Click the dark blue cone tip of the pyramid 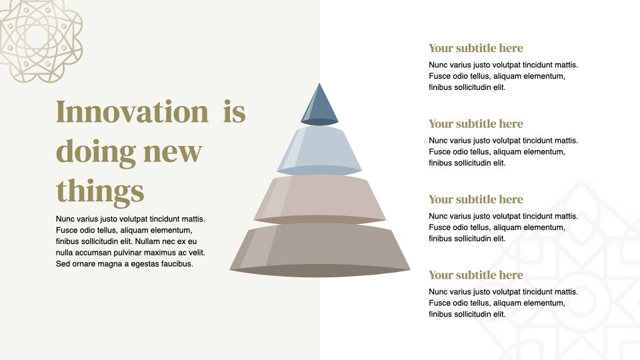pyautogui.click(x=319, y=105)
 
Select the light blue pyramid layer pyautogui.click(x=319, y=150)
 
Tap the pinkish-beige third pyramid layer pyautogui.click(x=319, y=199)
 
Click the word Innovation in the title pyautogui.click(x=132, y=111)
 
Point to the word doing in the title pyautogui.click(x=96, y=152)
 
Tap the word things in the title pyautogui.click(x=100, y=191)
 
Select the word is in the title pyautogui.click(x=234, y=111)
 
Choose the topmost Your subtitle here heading pyautogui.click(x=475, y=48)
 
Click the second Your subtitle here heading pyautogui.click(x=475, y=124)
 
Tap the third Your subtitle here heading pyautogui.click(x=475, y=199)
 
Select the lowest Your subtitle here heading pyautogui.click(x=475, y=275)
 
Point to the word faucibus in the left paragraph pyautogui.click(x=177, y=264)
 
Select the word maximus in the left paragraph pyautogui.click(x=167, y=253)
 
